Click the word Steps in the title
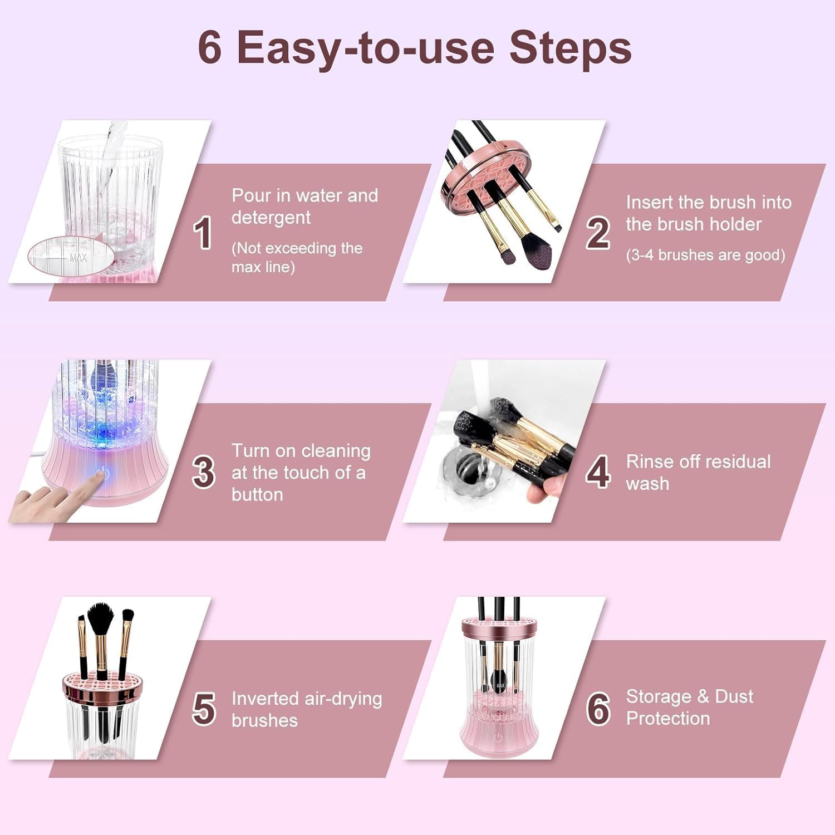(570, 48)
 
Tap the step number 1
(203, 233)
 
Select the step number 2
(598, 233)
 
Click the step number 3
(203, 472)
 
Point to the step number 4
(598, 472)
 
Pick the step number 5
(203, 709)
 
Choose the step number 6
(598, 709)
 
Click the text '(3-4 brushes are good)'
(705, 255)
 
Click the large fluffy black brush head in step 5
(101, 617)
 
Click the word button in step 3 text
(257, 494)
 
